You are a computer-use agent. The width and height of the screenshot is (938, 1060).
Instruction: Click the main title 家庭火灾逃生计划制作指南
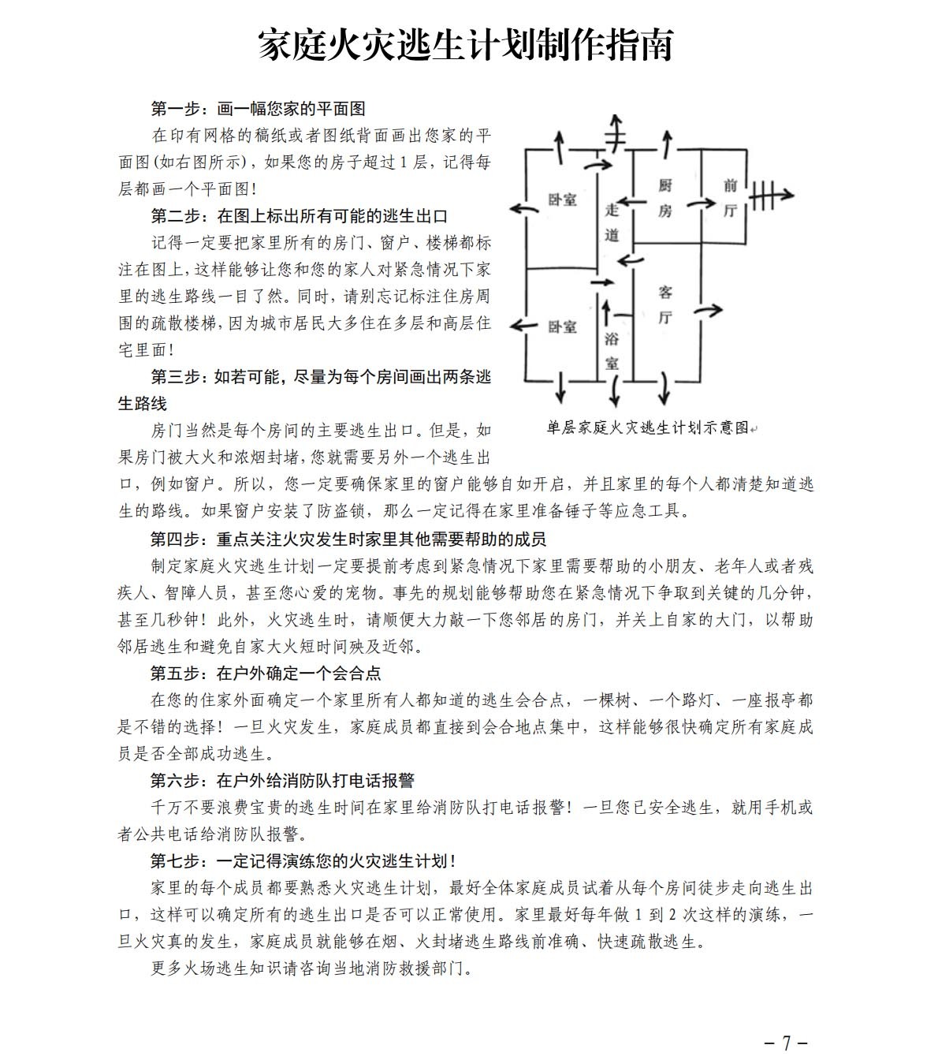466,45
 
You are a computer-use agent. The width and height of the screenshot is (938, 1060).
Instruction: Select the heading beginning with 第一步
258,109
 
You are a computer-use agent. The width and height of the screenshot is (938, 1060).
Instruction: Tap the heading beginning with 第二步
300,216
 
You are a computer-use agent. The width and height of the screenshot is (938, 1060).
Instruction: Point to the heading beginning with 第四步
348,539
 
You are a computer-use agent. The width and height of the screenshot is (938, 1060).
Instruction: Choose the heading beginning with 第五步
266,674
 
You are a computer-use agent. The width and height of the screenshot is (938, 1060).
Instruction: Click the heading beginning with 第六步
282,781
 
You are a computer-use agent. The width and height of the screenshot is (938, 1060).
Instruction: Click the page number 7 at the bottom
786,1039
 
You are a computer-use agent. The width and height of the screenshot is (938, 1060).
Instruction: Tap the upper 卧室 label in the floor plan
562,200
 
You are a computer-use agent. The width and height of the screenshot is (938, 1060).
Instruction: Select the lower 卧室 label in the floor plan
562,327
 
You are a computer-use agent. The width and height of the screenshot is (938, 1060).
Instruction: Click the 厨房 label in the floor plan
665,198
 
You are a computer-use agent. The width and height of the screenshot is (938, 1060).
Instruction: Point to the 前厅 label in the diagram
730,197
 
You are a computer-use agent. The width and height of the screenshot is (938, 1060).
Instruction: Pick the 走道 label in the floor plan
612,222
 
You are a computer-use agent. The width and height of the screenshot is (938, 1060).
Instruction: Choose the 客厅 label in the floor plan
665,305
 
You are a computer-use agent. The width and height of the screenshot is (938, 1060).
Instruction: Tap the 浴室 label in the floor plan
612,351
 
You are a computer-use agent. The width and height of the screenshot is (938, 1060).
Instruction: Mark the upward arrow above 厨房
668,143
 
